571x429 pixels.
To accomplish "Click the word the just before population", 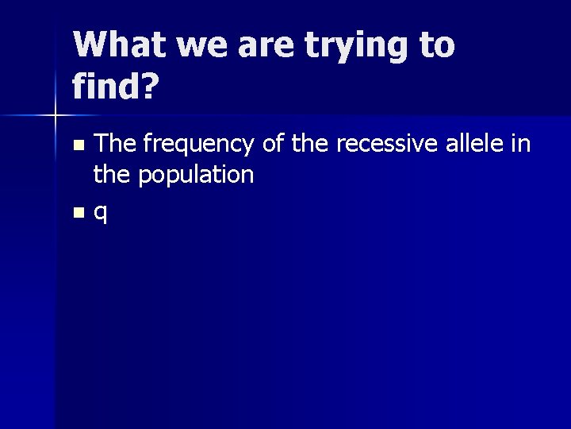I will tap(112, 174).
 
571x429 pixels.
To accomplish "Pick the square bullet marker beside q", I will tap(78, 213).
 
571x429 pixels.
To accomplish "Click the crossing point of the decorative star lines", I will tap(55, 116).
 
